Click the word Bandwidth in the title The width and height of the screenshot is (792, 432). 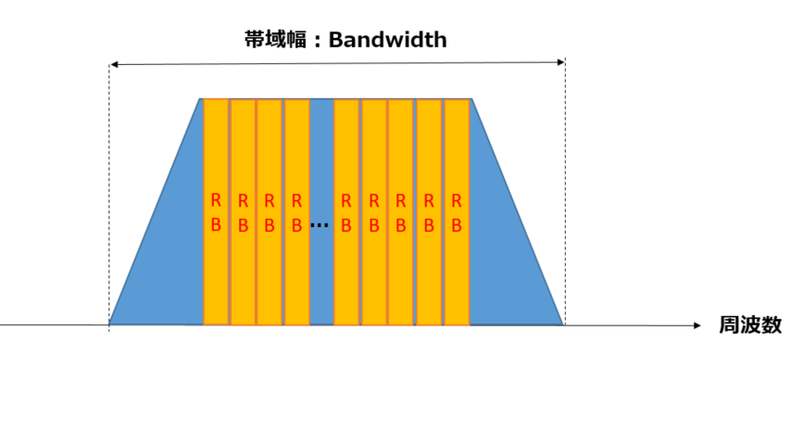(387, 40)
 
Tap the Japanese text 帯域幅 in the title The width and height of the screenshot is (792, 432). (270, 40)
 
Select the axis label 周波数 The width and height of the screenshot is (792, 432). (750, 325)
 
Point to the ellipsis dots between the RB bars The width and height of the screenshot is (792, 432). (320, 225)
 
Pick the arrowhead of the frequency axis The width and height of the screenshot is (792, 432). (698, 325)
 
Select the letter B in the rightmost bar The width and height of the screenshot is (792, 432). (457, 224)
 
